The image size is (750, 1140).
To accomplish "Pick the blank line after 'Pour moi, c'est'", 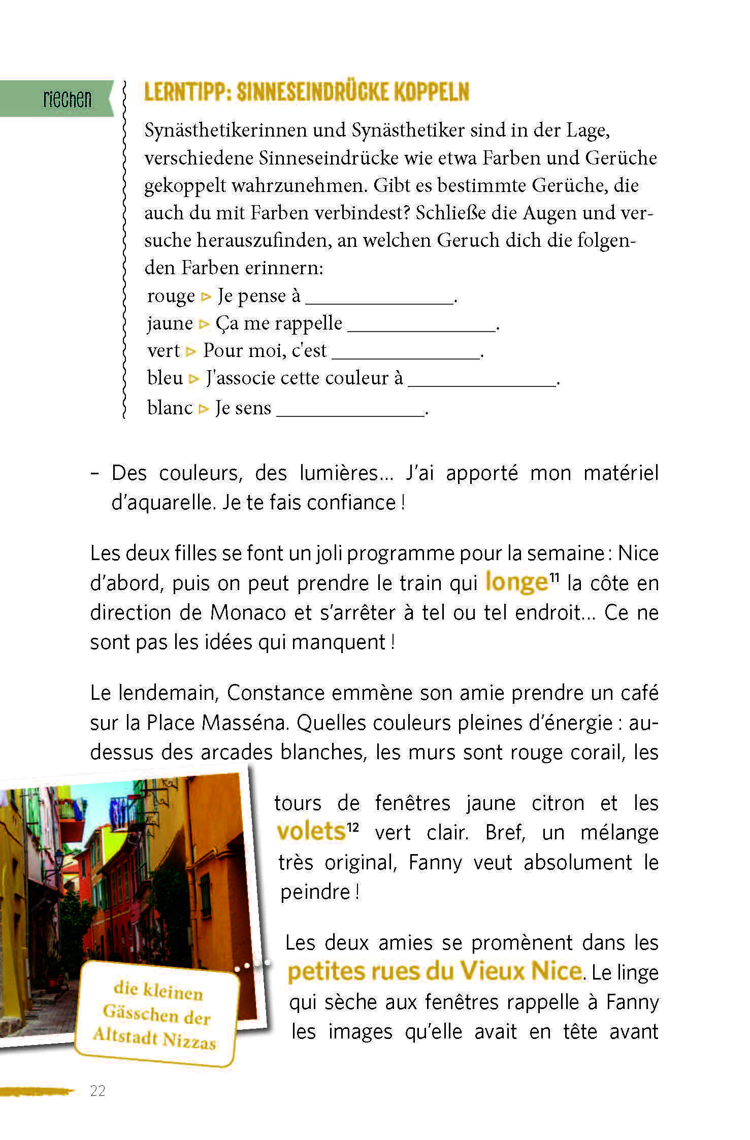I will (406, 354).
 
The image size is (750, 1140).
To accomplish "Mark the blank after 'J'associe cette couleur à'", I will (482, 382).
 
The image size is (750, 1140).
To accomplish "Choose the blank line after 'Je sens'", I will (350, 411).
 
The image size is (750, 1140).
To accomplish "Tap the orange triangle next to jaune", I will (204, 324).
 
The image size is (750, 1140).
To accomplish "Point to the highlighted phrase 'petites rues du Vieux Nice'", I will (434, 971).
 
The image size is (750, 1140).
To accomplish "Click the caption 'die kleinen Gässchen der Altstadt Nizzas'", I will (156, 1015).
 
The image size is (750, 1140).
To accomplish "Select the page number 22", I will (97, 1091).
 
